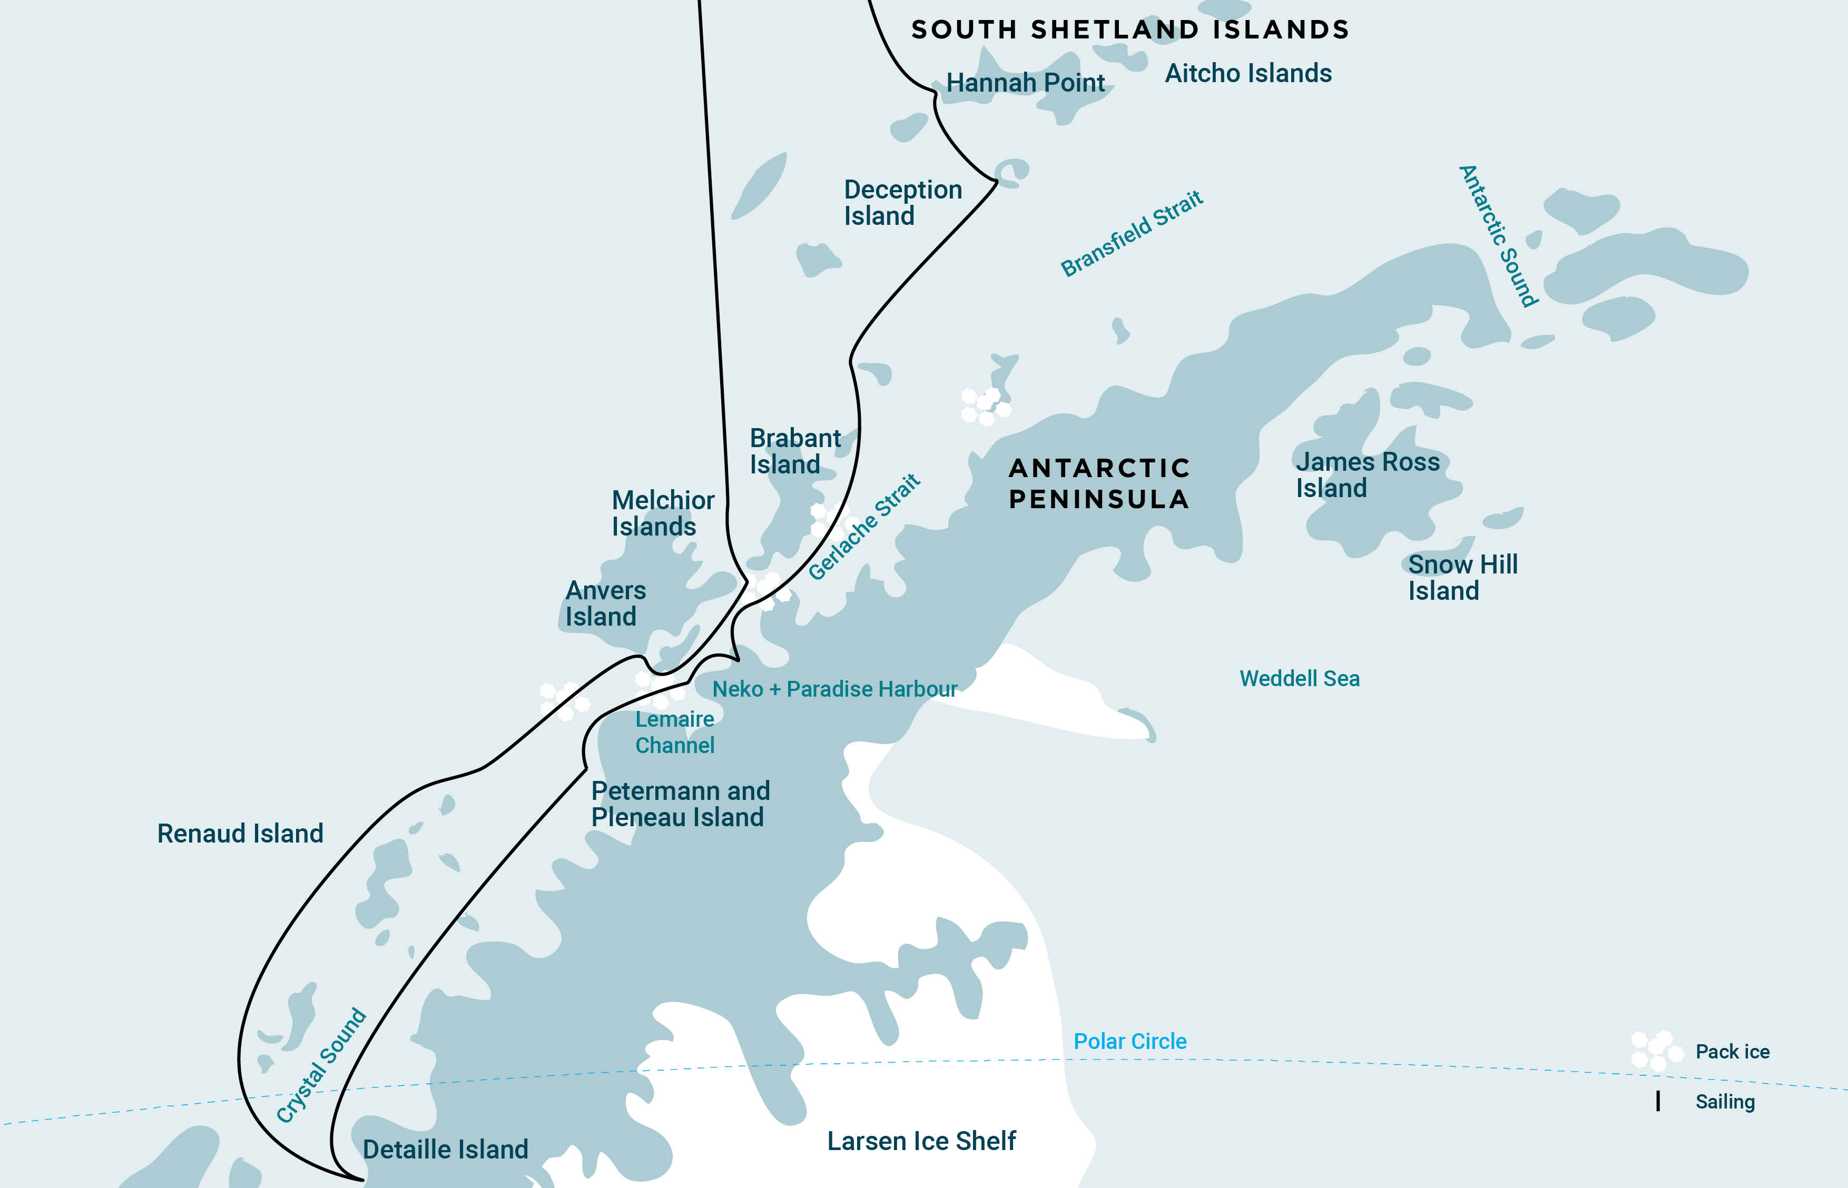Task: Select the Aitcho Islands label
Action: (x=1247, y=73)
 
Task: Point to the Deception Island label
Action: (x=902, y=202)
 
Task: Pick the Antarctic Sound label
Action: (x=1498, y=235)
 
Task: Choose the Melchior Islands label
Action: (x=662, y=513)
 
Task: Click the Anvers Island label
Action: (x=605, y=603)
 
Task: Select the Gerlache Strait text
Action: (x=863, y=526)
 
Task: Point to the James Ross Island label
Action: (x=1367, y=474)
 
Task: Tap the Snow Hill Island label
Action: (x=1461, y=577)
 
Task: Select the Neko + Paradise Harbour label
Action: (x=834, y=689)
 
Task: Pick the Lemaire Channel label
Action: (x=674, y=732)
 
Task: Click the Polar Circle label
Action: (x=1129, y=1042)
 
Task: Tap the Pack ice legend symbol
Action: (x=1656, y=1051)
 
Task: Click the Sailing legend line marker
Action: (x=1657, y=1101)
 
